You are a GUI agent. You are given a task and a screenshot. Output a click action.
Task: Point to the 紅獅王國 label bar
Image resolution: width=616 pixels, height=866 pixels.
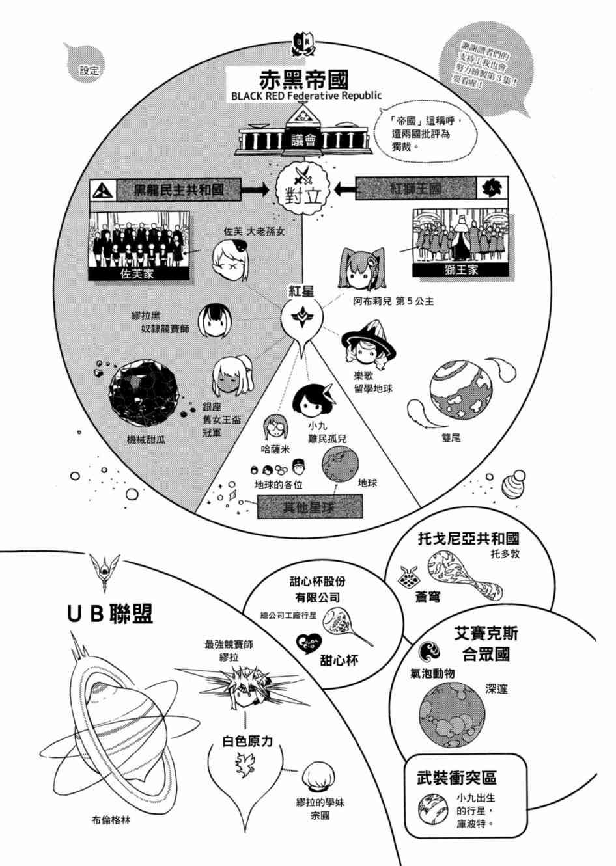pos(415,189)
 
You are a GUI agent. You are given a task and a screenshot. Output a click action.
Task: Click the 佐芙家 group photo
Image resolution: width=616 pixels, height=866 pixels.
pos(139,246)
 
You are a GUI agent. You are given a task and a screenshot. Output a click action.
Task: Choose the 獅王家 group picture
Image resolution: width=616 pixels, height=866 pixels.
pos(459,241)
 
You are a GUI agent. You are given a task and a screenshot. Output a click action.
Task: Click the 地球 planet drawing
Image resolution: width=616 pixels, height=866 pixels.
pos(341,467)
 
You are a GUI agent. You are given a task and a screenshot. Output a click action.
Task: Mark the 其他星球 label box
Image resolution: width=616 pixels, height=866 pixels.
pos(309,507)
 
